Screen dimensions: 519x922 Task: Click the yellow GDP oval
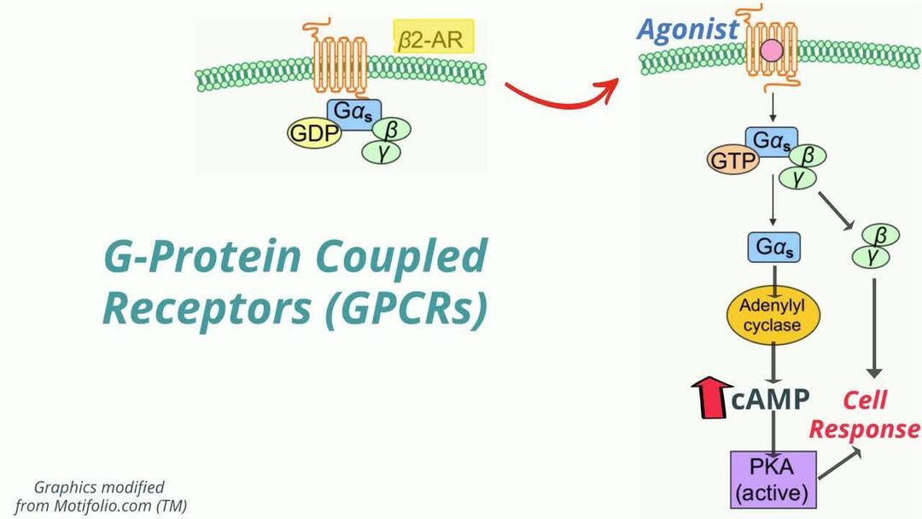[313, 134]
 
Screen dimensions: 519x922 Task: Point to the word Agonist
[687, 29]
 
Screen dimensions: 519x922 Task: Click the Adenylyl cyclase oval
[772, 315]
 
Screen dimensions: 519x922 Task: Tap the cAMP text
[770, 399]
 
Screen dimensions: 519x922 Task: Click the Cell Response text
[864, 414]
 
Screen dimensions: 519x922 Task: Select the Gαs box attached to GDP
[354, 110]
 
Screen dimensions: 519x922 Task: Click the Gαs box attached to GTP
[772, 139]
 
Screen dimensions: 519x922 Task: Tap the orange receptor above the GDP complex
[340, 60]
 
